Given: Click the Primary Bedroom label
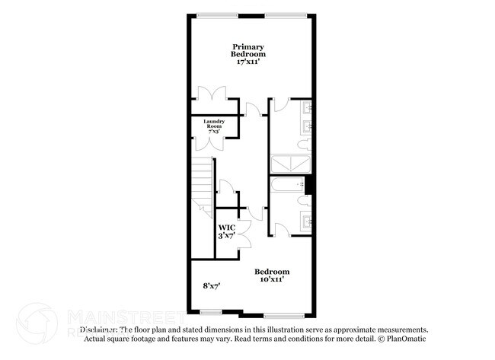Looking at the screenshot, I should click(x=249, y=51).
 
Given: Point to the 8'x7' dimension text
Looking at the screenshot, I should click(x=211, y=285).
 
